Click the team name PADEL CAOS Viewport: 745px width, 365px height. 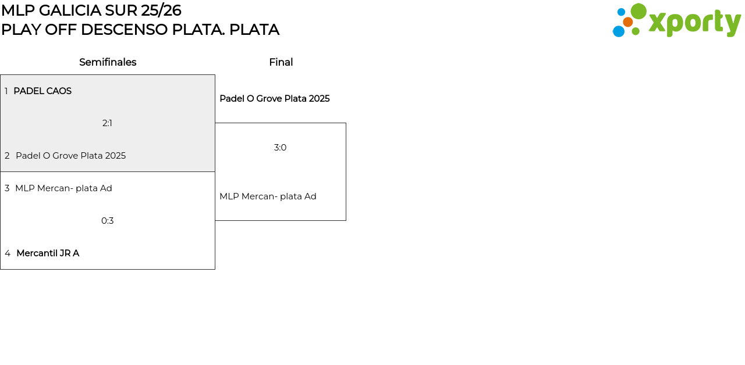[x=42, y=91]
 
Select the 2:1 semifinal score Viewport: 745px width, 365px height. [x=107, y=123]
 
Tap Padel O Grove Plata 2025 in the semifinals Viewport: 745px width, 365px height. [x=70, y=156]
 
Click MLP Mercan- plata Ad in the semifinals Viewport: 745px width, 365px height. [x=63, y=188]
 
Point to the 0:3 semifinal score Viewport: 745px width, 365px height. [x=107, y=221]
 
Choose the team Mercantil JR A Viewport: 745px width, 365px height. [x=48, y=253]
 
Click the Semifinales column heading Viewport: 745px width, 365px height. [x=108, y=62]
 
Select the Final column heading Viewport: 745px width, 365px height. [x=281, y=62]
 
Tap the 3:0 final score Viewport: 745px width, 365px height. [x=280, y=148]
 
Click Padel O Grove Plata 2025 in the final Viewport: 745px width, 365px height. [x=274, y=99]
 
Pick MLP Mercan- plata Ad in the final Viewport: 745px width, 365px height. [x=268, y=196]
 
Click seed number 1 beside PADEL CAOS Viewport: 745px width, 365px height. [x=6, y=91]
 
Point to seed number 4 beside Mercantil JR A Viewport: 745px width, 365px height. [x=8, y=253]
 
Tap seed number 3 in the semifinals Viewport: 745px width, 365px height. [x=7, y=188]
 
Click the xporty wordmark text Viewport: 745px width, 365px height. [x=694, y=23]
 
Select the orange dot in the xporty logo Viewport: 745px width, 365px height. [x=627, y=22]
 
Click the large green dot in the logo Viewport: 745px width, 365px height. [x=638, y=11]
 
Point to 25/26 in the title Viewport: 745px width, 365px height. [x=161, y=10]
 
